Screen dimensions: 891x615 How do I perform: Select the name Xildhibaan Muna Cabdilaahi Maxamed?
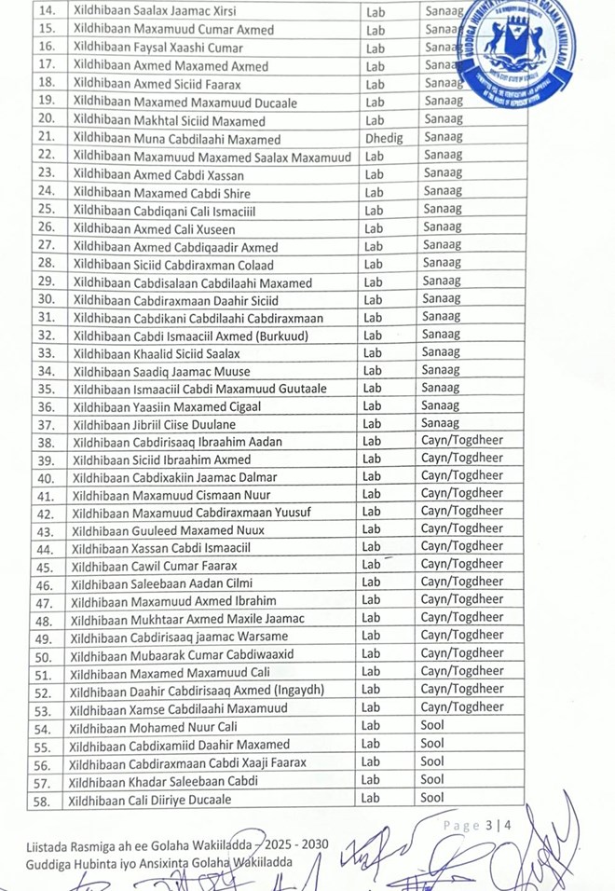click(176, 139)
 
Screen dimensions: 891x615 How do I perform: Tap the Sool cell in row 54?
click(432, 725)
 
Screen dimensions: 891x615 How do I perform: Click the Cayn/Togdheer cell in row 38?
click(462, 441)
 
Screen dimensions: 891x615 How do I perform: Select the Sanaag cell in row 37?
click(440, 423)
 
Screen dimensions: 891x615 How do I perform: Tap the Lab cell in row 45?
click(372, 565)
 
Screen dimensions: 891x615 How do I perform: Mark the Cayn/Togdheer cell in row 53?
click(461, 707)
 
